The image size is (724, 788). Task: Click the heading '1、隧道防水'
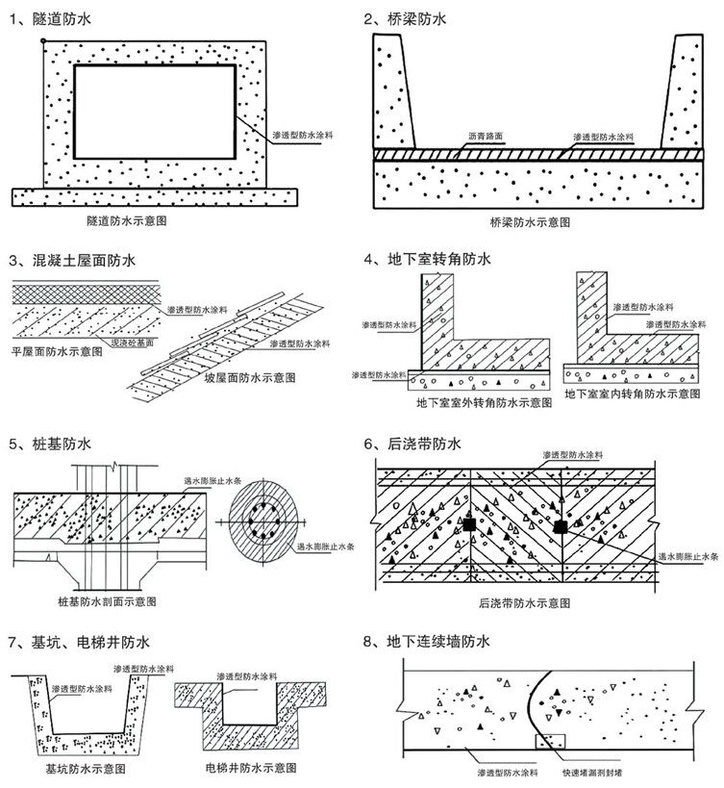(47, 17)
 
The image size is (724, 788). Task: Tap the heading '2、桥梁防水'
(406, 17)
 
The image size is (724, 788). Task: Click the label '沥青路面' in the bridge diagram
(486, 137)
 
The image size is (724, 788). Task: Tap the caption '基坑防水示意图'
(86, 770)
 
